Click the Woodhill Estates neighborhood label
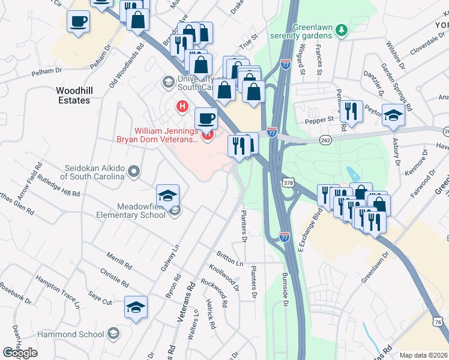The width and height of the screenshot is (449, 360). [x=73, y=95]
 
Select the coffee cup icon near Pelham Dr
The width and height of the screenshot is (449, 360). [x=79, y=22]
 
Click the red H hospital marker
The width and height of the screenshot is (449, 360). [x=182, y=106]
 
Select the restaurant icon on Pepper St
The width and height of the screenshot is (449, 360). [x=351, y=111]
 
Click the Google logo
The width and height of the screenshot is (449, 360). [x=20, y=353]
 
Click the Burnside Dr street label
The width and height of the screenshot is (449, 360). [x=285, y=291]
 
